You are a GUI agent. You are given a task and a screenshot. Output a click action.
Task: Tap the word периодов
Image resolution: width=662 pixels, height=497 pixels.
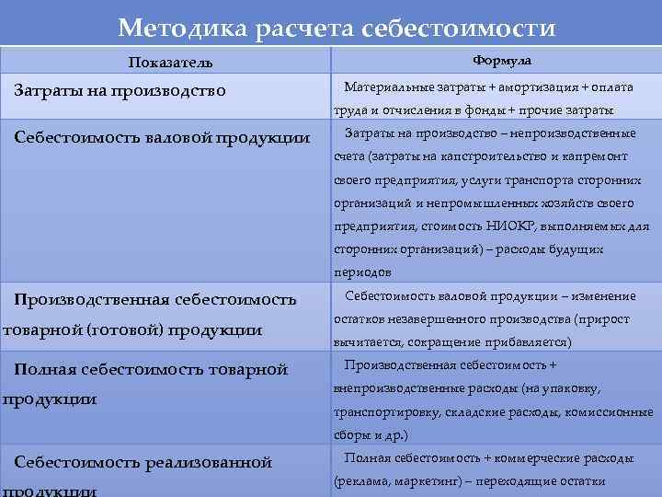[362, 272]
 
